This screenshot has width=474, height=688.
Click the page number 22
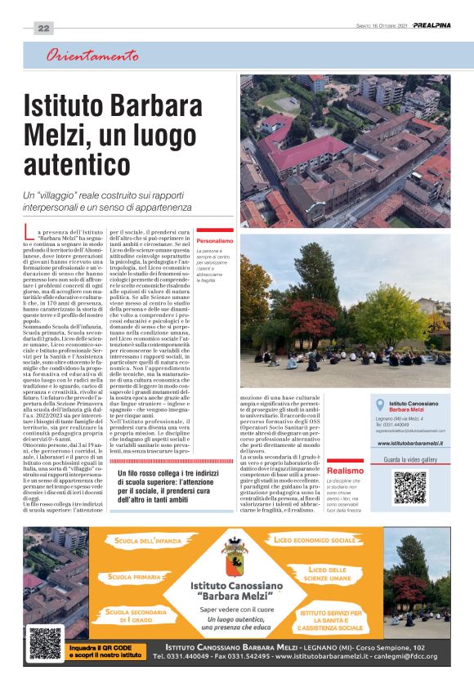(x=44, y=28)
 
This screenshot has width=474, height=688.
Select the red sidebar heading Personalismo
(x=215, y=241)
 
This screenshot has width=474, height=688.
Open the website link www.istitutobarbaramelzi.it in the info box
(x=410, y=443)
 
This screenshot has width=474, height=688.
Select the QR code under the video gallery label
(x=409, y=487)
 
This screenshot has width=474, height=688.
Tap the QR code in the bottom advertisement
(x=45, y=642)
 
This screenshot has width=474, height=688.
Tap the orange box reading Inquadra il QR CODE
(x=95, y=651)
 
